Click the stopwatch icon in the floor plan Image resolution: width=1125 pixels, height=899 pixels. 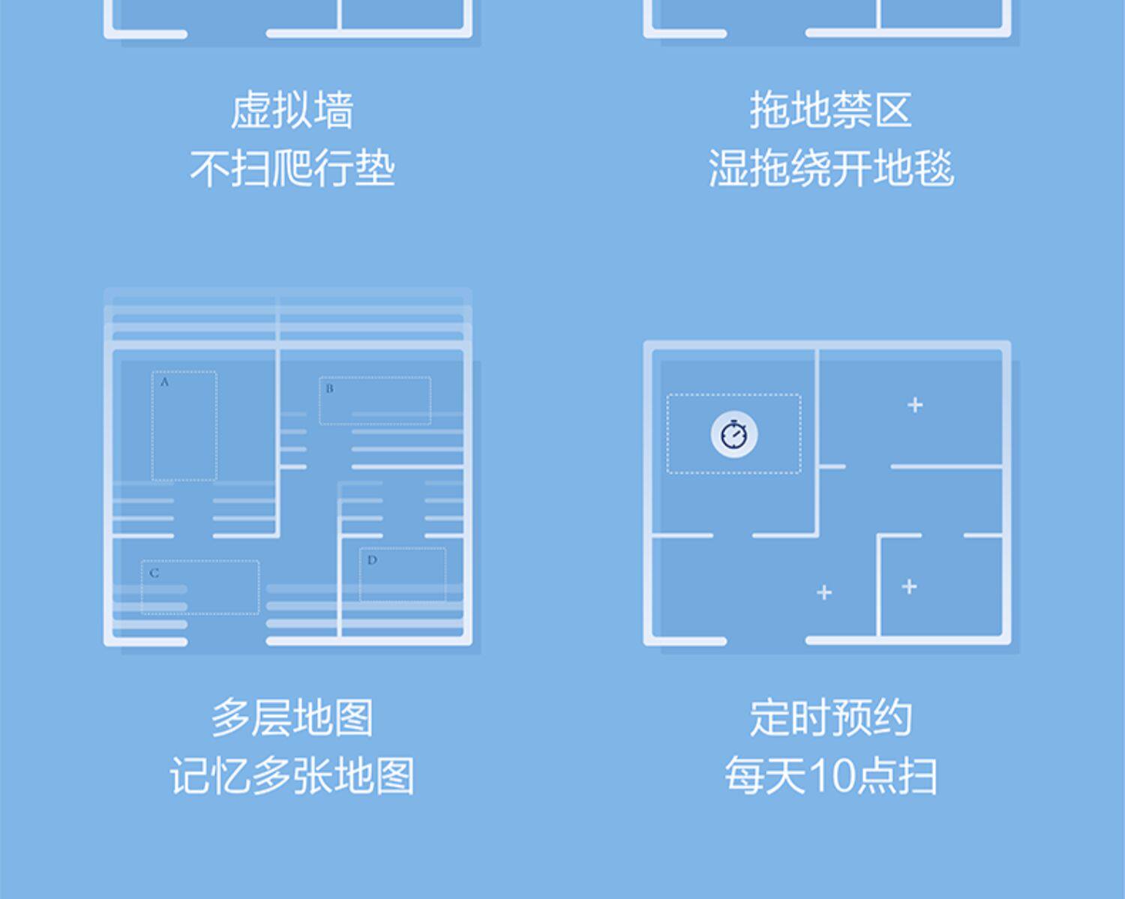(734, 434)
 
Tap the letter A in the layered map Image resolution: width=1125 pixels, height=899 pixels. (165, 382)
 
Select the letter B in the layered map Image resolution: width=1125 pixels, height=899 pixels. (329, 388)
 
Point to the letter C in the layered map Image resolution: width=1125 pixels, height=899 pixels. (154, 574)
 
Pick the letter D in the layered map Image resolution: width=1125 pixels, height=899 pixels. (372, 560)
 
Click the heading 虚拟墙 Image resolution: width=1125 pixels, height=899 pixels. (292, 110)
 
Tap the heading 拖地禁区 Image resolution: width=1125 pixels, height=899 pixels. (830, 110)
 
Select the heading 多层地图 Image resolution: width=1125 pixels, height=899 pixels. (292, 718)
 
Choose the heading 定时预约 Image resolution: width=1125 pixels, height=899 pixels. (830, 718)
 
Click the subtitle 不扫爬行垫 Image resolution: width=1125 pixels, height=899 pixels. (292, 168)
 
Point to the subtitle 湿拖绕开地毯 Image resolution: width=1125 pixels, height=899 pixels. (830, 168)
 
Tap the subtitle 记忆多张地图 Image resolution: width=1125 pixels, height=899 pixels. (292, 775)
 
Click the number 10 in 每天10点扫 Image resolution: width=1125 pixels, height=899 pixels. (832, 775)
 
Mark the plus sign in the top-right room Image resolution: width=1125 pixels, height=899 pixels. (915, 405)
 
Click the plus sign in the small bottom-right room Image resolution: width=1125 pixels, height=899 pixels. (909, 586)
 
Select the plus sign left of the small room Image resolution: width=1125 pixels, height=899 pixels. (824, 592)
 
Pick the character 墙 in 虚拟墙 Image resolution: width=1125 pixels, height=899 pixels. (334, 110)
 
